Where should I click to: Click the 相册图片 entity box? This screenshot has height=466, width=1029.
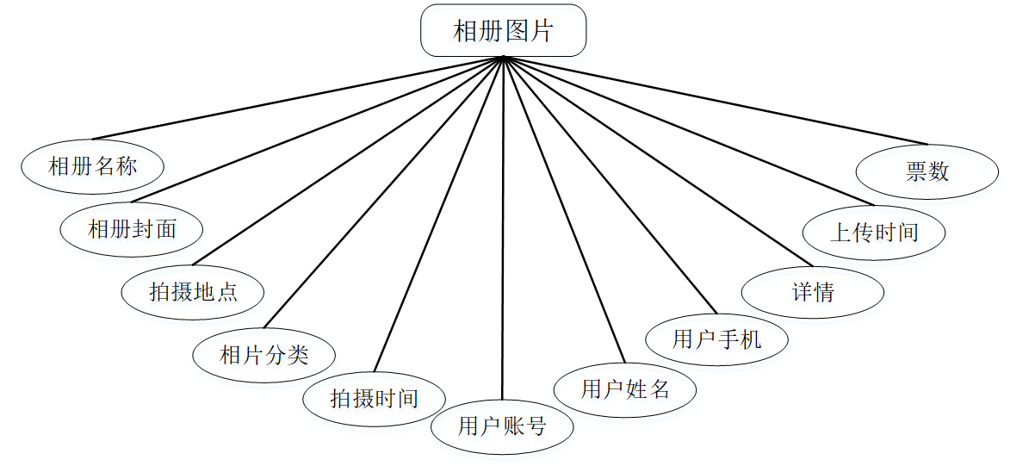(x=503, y=31)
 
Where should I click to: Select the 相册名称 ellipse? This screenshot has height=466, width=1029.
(x=92, y=166)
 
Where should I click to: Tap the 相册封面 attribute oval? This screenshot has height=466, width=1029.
(x=132, y=228)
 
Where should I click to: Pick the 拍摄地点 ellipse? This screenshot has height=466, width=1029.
(x=193, y=292)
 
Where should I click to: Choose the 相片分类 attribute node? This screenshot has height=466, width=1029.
(x=264, y=354)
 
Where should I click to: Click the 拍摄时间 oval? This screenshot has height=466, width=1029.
(x=375, y=398)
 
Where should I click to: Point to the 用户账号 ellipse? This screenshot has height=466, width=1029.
(x=502, y=426)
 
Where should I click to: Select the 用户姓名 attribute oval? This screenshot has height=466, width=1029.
(x=625, y=389)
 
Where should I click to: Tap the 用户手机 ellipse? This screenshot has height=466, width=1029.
(x=716, y=339)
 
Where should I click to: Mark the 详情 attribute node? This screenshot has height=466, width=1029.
(x=813, y=292)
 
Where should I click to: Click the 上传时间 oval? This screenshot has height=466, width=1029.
(x=874, y=232)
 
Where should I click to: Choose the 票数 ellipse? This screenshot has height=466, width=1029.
(x=927, y=171)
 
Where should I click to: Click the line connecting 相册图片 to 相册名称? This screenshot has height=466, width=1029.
(x=297, y=98)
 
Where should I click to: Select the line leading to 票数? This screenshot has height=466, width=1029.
(x=716, y=101)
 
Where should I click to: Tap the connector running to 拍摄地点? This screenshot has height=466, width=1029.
(x=348, y=161)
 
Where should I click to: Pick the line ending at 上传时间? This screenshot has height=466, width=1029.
(x=689, y=132)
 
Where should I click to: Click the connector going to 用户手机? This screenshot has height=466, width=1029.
(x=610, y=185)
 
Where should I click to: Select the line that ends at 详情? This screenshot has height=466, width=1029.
(x=658, y=162)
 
